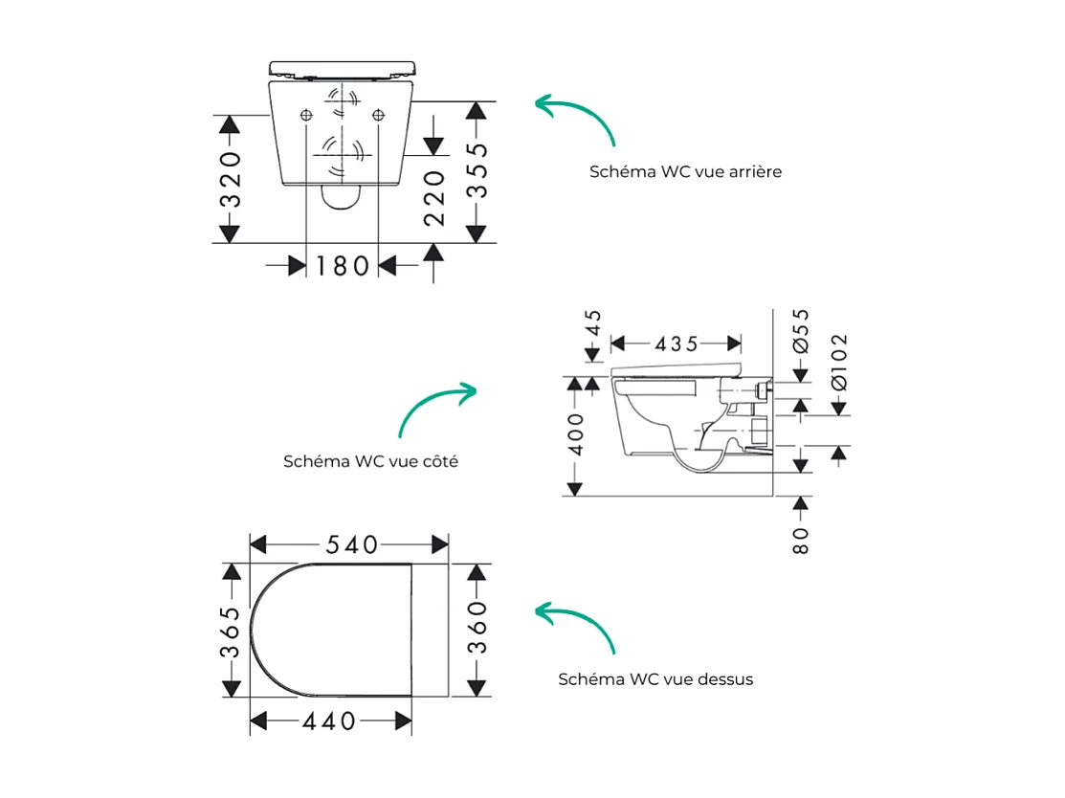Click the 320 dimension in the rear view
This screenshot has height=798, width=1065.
pos(230,179)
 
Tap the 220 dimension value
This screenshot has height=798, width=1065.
pos(434,198)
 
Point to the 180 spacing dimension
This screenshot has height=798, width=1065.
pos(342,265)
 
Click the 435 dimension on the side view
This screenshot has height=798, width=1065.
pos(677,344)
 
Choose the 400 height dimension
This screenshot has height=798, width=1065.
pos(575,433)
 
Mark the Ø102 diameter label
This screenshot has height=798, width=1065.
pos(839,361)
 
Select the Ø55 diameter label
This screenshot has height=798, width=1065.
pos(802,331)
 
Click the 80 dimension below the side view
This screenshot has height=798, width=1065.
pos(802,540)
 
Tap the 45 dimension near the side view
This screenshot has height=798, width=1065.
pos(593,322)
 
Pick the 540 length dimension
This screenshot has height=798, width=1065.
pos(350,544)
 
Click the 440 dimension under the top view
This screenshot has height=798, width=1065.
pos(329,720)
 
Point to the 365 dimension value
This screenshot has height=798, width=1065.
pos(230,632)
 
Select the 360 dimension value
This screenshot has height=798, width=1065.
pos(477,627)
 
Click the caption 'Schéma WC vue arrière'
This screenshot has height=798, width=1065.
pos(685,172)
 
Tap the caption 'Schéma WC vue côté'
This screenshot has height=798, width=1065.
pos(370,461)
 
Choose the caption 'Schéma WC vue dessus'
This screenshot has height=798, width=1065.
pos(655,679)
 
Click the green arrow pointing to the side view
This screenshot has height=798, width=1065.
pos(435,407)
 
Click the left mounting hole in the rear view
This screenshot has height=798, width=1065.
pos(306,115)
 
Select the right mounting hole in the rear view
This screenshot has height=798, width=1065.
pos(379,115)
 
